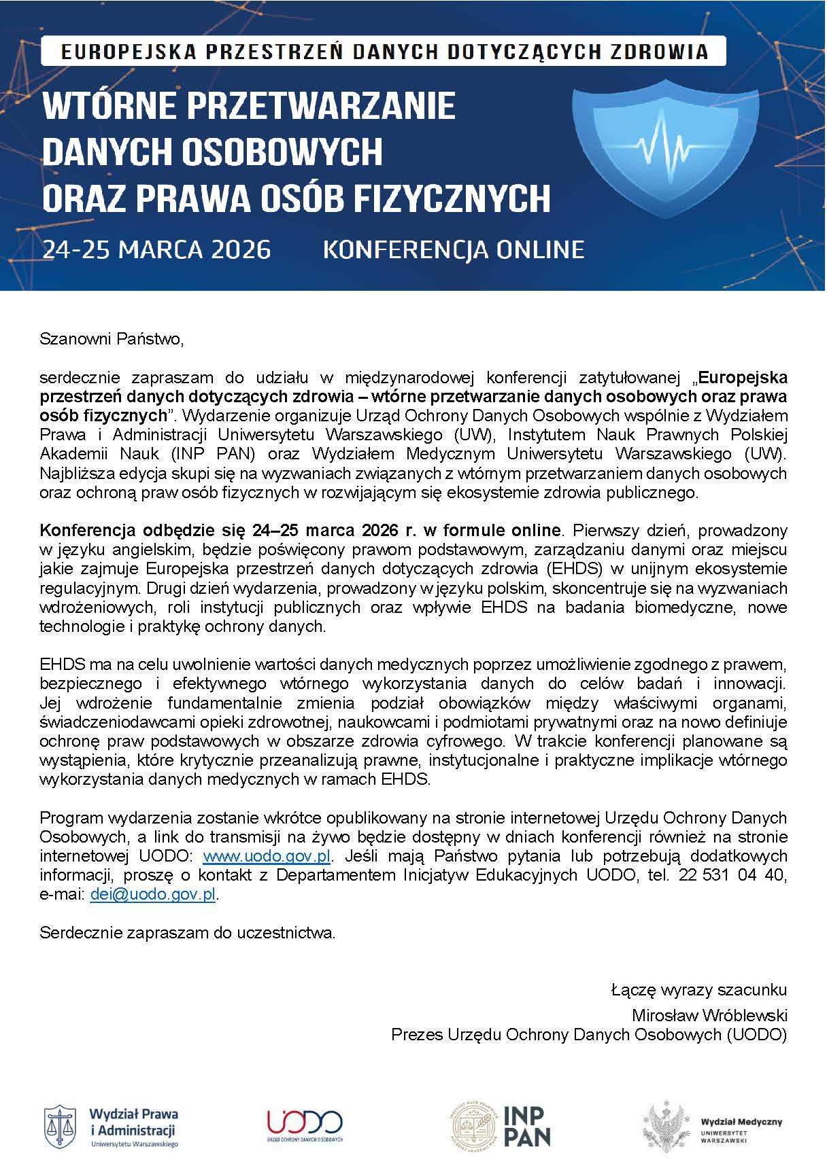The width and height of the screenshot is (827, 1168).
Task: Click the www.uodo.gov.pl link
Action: click(267, 855)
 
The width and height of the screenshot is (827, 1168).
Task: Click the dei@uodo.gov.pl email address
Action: click(153, 894)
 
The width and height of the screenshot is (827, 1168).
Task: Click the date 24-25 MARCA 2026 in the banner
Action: click(156, 249)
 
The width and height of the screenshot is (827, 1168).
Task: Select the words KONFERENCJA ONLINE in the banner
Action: click(453, 249)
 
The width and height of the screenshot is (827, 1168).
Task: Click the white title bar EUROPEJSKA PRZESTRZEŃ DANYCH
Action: click(383, 52)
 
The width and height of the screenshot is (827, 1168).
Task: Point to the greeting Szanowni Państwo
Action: click(112, 338)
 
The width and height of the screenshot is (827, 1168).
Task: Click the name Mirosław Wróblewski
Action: click(709, 1015)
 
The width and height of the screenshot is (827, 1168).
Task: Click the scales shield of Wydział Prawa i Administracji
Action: click(59, 1126)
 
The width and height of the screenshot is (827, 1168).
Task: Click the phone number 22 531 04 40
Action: click(732, 875)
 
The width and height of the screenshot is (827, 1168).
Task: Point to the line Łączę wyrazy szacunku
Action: click(698, 990)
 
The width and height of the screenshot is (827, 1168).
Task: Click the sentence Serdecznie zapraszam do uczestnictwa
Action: click(188, 933)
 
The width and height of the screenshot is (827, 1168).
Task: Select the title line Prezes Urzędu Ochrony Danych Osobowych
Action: click(588, 1034)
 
